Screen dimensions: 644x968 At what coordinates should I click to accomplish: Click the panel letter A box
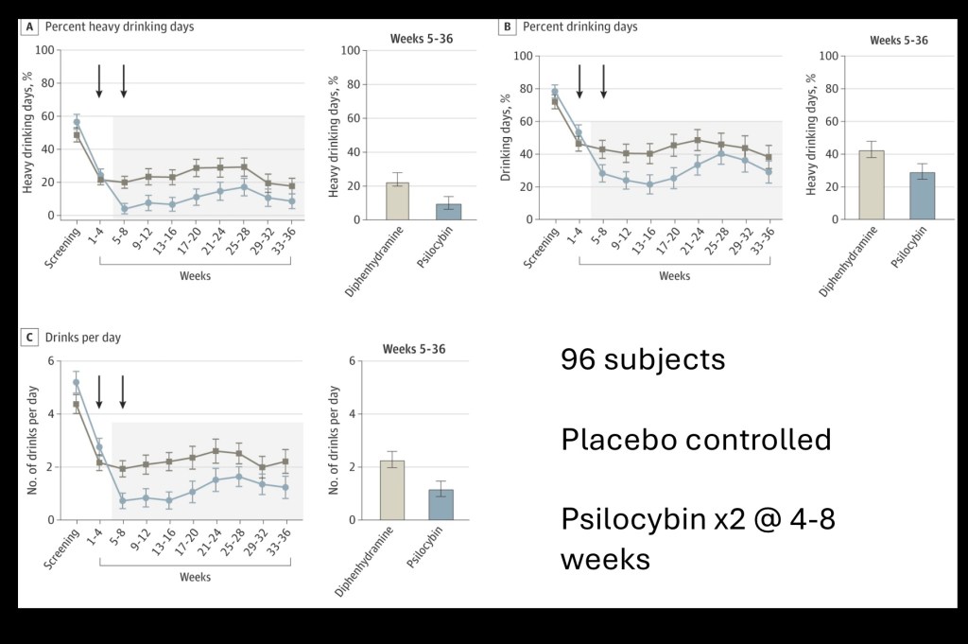31,27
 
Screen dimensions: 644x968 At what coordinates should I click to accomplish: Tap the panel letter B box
508,27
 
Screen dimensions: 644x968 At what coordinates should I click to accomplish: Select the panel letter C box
31,338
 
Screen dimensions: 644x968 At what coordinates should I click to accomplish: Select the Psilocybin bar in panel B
922,195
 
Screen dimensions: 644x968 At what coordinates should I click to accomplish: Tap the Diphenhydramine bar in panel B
870,184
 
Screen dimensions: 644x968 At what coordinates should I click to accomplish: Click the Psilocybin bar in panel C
440,504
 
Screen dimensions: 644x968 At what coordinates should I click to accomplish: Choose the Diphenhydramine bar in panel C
389,490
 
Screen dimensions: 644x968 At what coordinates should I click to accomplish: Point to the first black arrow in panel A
99,80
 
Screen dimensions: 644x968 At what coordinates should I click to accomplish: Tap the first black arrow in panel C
99,392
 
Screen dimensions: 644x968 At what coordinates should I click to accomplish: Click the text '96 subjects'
643,359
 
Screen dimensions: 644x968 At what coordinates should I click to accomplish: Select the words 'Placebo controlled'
696,440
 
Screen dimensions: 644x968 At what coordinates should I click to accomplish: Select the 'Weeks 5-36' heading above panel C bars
414,350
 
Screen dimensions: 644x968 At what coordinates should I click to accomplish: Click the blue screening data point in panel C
77,383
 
